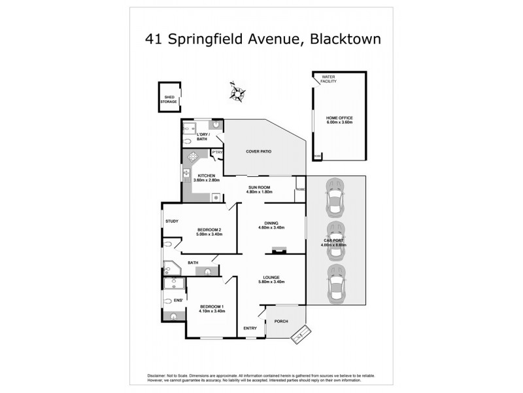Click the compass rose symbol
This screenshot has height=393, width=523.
236,91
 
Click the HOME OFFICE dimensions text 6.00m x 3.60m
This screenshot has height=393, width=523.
339,122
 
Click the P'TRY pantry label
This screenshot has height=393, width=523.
218,152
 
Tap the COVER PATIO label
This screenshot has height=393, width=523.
258,151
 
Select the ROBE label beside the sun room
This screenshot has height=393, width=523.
300,190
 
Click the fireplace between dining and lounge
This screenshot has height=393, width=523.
280,249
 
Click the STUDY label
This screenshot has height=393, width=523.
172,221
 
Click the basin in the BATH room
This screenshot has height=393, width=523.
208,271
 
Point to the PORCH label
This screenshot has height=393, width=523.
282,321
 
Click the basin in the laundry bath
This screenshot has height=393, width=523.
216,124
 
